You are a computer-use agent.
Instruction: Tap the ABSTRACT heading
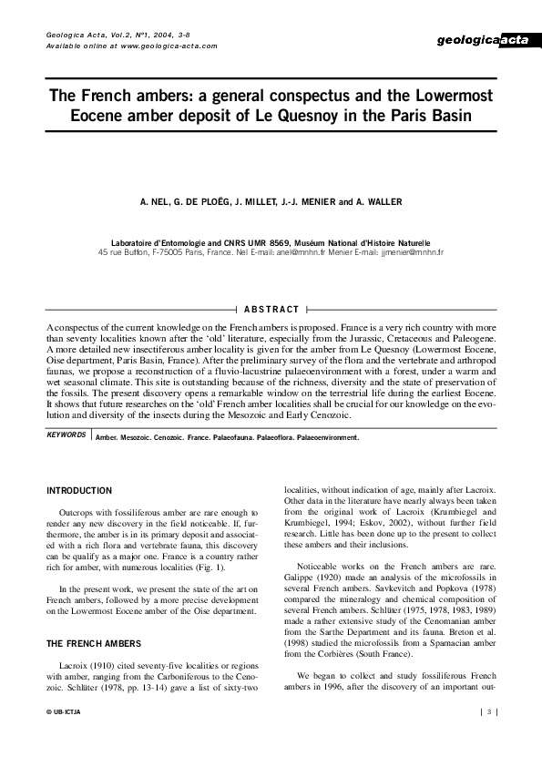coord(271,310)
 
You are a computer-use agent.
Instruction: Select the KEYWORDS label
coord(66,435)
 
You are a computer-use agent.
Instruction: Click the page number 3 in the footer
coord(489,711)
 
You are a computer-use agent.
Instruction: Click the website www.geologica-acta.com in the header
coord(169,46)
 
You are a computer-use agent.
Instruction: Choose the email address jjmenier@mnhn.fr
coord(414,251)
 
